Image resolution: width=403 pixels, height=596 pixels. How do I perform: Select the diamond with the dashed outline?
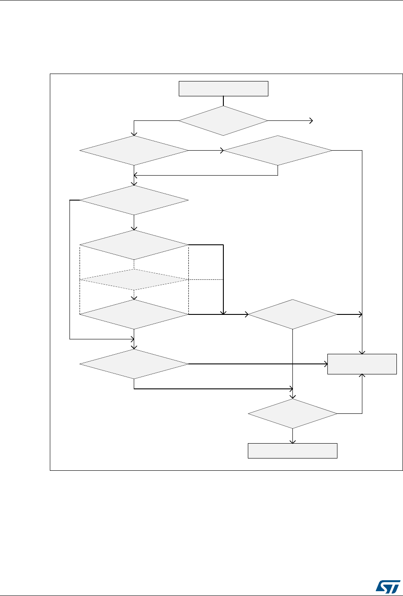[134, 279]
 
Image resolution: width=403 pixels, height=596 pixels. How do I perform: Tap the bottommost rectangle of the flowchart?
[292, 451]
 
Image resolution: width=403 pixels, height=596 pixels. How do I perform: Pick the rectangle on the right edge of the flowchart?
[362, 364]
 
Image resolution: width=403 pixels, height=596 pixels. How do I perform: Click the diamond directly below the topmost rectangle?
[223, 120]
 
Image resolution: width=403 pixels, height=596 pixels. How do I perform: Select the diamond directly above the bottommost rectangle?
[292, 413]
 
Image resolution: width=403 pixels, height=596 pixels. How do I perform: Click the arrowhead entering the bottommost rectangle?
[292, 441]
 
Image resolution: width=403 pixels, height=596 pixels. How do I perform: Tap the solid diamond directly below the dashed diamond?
[134, 314]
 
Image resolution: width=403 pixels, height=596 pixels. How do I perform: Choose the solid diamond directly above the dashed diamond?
[134, 245]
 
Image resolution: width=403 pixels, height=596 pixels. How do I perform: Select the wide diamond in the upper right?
[278, 151]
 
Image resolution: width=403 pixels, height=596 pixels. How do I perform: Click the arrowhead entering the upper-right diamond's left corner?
[222, 151]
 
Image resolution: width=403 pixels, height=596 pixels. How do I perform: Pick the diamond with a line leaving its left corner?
[134, 200]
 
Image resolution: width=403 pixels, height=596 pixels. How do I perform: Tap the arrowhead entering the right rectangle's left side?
[326, 364]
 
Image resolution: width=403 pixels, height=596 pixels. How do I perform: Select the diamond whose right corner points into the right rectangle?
[134, 364]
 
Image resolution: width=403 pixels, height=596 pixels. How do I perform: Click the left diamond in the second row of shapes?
[134, 151]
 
